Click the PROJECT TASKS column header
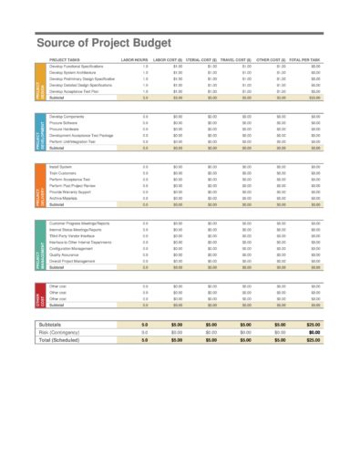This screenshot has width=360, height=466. [66, 57]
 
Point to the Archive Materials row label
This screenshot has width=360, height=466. [66, 199]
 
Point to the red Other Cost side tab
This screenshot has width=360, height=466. [39, 300]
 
